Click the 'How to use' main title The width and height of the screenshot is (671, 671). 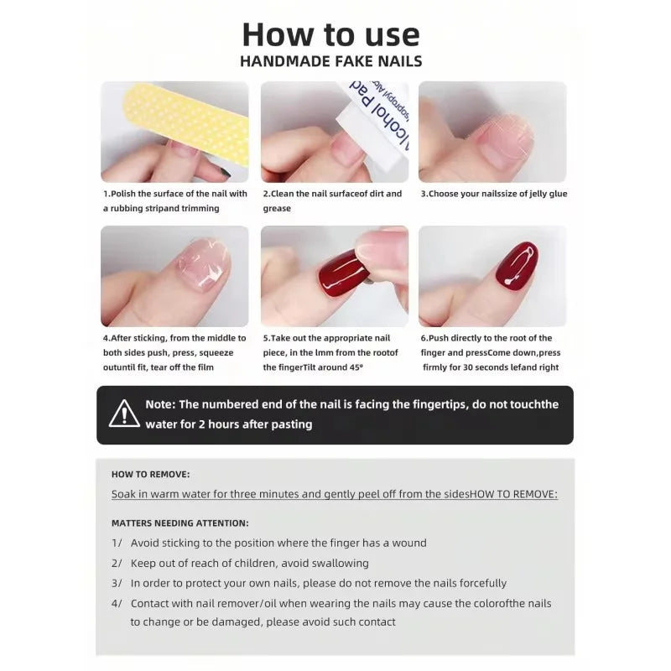(330, 34)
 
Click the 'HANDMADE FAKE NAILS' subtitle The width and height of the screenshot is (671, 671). (330, 61)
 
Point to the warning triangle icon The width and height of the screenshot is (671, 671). (124, 414)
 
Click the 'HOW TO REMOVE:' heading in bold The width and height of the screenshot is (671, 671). (150, 474)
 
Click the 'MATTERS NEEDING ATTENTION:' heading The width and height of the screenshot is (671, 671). (179, 523)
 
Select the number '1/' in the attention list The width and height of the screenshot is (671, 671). (117, 543)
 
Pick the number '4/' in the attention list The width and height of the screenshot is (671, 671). (117, 603)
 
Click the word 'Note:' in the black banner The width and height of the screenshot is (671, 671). (160, 404)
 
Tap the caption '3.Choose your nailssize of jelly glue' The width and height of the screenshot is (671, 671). (493, 194)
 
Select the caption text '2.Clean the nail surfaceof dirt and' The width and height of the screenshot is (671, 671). (332, 194)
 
